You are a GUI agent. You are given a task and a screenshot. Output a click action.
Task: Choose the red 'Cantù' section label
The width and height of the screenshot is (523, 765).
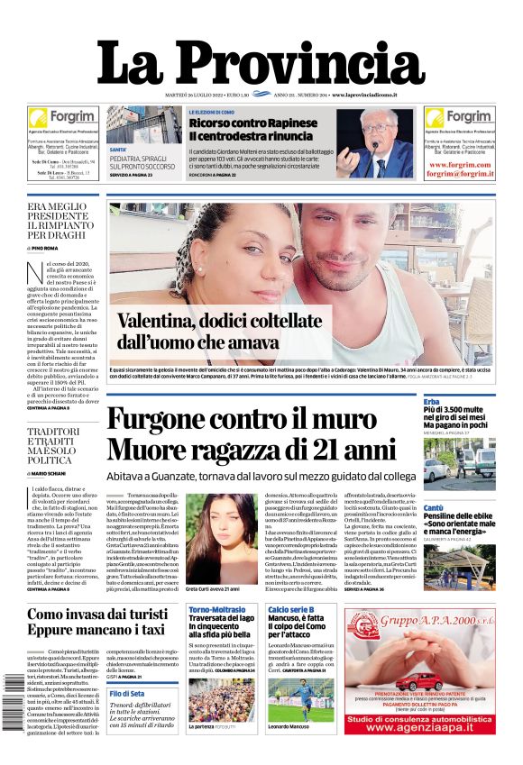435,508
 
